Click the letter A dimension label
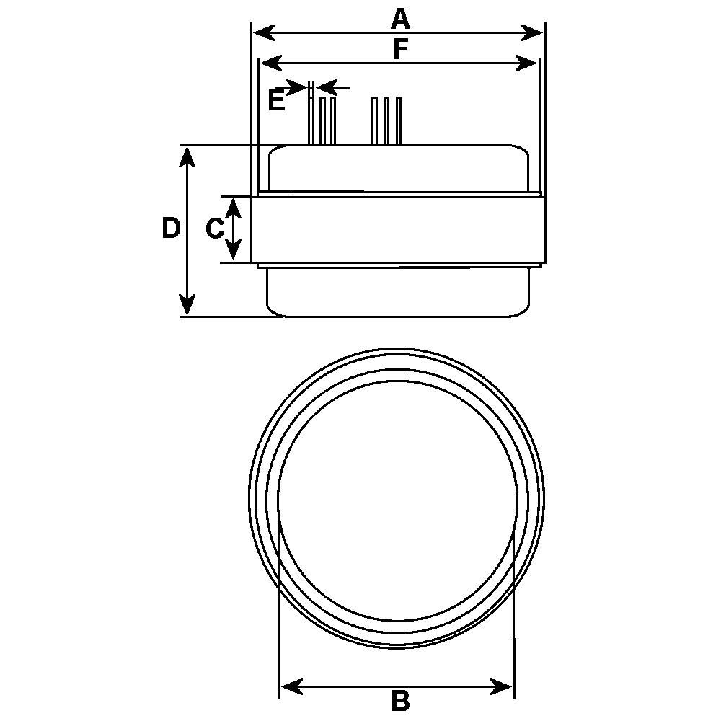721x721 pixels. point(400,18)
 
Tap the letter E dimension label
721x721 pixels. point(275,101)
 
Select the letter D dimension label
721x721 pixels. point(170,229)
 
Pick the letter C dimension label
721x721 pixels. point(214,229)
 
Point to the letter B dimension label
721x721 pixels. point(400,700)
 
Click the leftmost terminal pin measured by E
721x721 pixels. point(311,119)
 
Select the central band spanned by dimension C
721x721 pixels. point(397,229)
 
